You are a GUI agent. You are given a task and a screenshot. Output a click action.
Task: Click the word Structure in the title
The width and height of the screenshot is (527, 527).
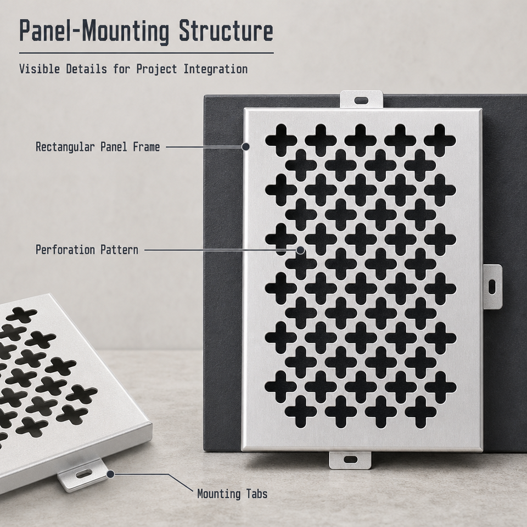(x=226, y=30)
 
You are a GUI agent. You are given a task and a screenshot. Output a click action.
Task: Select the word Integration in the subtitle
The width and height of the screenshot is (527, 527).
(x=215, y=69)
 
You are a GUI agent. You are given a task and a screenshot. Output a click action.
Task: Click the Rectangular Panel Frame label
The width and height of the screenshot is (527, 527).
(x=98, y=147)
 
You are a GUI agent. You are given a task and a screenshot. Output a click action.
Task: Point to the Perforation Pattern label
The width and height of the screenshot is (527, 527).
(x=87, y=250)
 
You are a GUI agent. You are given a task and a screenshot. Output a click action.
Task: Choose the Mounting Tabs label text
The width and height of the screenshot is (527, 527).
(x=232, y=494)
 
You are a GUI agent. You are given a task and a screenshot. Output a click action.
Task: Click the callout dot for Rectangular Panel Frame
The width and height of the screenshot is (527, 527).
(x=246, y=147)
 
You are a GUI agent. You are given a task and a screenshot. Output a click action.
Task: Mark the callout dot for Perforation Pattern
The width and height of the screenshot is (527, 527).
(x=300, y=250)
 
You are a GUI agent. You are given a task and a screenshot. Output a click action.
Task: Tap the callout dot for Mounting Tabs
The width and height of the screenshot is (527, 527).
(x=110, y=474)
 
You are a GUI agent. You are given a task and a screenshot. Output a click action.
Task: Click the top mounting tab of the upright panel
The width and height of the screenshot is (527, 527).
(x=361, y=100)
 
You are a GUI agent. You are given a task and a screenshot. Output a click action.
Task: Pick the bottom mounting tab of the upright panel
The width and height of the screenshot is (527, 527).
(x=350, y=459)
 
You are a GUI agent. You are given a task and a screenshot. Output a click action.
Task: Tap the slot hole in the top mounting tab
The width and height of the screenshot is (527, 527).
(x=361, y=100)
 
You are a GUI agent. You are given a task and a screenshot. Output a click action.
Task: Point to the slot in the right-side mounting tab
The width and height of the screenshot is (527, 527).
(x=492, y=287)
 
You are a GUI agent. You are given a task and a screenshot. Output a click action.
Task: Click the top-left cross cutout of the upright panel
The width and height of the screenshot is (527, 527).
(x=281, y=140)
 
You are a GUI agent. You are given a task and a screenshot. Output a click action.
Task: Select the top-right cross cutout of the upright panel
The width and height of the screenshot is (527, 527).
(x=440, y=140)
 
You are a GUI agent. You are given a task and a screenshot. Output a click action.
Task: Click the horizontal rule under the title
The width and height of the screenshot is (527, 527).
(x=146, y=53)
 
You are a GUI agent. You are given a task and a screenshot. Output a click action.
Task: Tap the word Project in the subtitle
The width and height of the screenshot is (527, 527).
(x=156, y=70)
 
